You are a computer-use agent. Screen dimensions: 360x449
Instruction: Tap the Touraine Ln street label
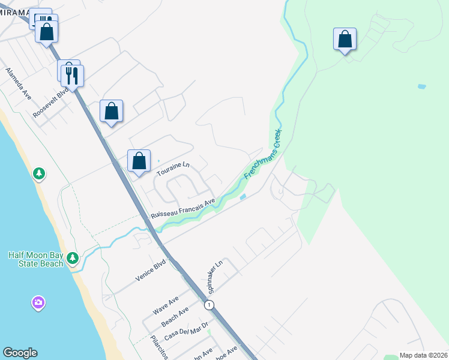pos(173,169)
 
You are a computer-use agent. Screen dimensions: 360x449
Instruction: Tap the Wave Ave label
pos(166,305)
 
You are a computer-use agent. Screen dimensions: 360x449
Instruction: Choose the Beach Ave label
pos(175,315)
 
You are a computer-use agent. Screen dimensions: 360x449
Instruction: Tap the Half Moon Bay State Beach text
pos(35,259)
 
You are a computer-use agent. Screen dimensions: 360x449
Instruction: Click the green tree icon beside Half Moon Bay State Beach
pos(73,257)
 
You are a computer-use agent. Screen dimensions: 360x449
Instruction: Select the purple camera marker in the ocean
pos(38,302)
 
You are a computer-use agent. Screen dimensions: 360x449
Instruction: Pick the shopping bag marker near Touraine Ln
pos(139,161)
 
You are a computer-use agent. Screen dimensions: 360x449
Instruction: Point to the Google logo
pos(20,353)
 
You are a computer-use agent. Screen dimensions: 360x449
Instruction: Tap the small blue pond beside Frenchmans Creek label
pos(243,196)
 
